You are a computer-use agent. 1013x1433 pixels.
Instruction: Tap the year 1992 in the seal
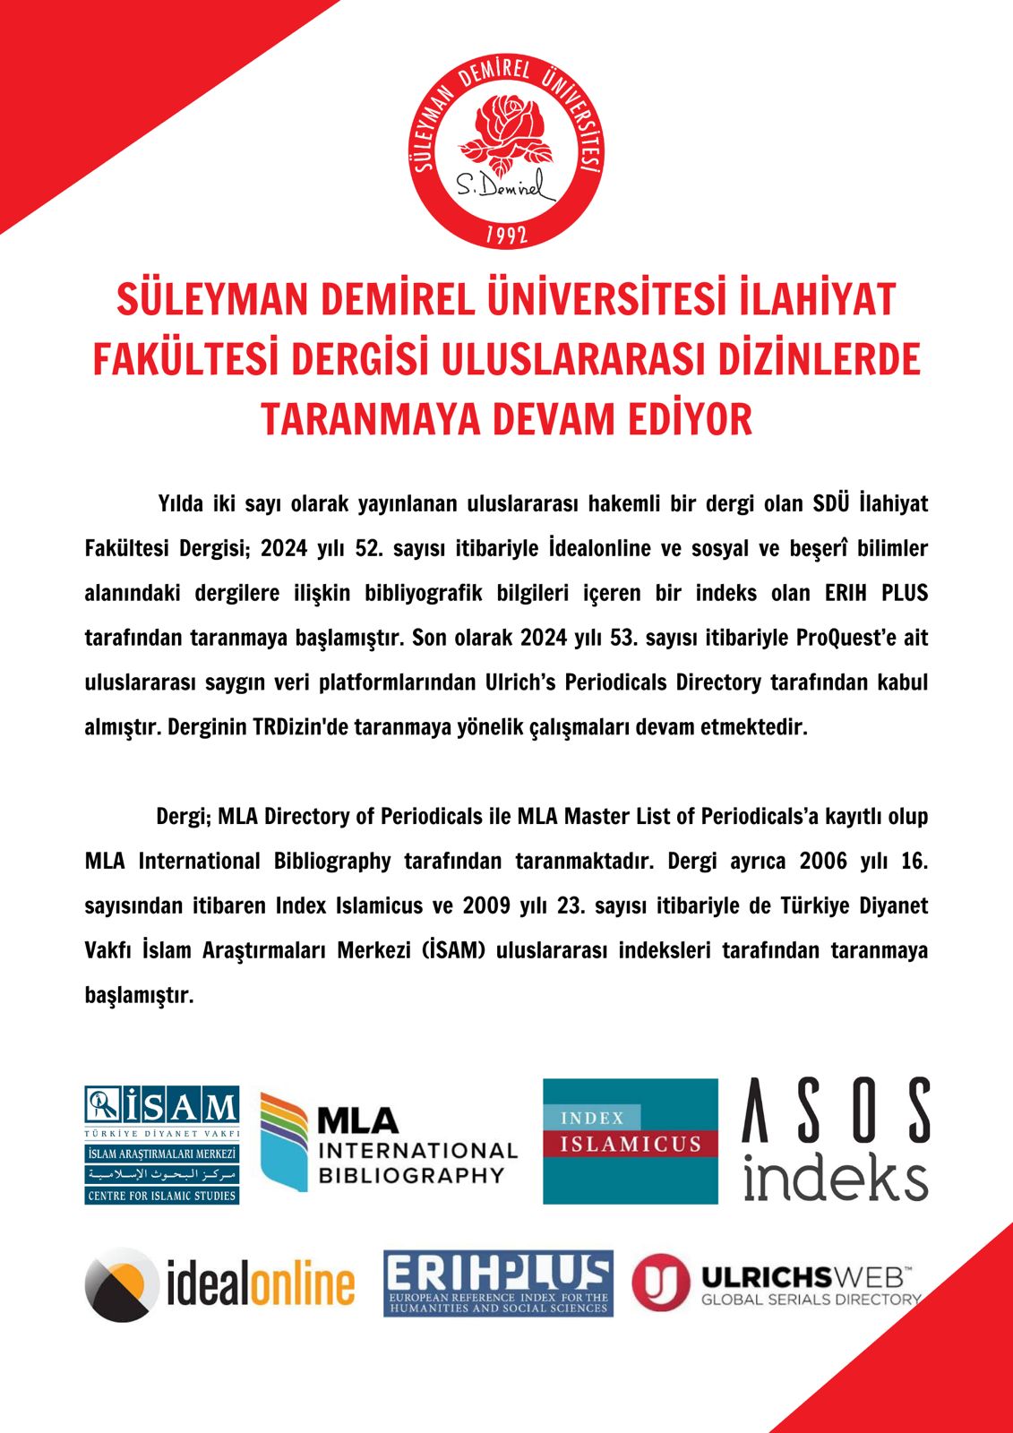506,236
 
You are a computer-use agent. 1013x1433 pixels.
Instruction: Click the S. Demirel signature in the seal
503,186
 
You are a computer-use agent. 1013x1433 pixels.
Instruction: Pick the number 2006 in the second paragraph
822,861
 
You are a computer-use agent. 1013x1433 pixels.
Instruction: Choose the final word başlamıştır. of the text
139,995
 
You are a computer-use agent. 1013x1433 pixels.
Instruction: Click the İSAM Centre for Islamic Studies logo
162,1145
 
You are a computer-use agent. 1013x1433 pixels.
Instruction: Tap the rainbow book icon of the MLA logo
285,1141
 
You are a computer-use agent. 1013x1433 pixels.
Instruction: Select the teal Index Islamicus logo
631,1140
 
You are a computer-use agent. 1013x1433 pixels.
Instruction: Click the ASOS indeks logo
835,1139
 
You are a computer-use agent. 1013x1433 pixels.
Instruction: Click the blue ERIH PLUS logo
498,1283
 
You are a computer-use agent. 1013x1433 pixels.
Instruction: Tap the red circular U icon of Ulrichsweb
661,1282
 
